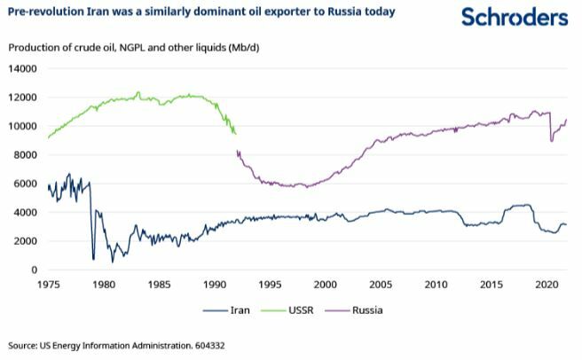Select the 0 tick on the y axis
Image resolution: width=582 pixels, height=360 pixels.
coord(35,270)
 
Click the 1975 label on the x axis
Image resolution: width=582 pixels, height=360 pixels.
coord(49,285)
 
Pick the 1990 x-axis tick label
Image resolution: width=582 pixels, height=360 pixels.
coord(215,285)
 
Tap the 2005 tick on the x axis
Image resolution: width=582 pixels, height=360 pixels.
coord(380,285)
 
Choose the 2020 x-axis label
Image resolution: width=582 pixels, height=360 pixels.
coord(546,285)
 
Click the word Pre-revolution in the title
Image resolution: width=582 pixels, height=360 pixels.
coord(46,12)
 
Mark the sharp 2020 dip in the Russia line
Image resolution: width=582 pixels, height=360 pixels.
coord(552,140)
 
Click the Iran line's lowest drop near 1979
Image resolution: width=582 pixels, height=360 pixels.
coord(93,259)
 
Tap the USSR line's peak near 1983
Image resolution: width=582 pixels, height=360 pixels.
coord(138,92)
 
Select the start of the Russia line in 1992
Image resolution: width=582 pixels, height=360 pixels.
coord(238,152)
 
